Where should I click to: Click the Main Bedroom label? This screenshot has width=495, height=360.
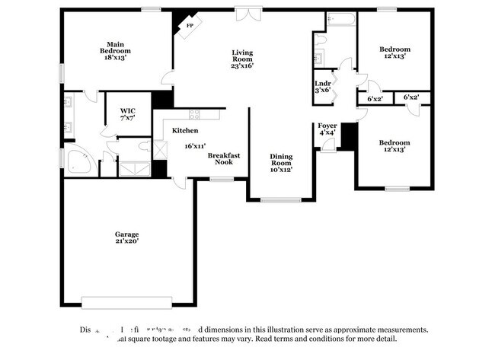[x=115, y=47]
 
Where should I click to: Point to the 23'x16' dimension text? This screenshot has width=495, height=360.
[x=242, y=65]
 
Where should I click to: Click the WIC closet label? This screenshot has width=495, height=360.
[x=127, y=111]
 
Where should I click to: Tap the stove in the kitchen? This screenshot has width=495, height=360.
[x=194, y=114]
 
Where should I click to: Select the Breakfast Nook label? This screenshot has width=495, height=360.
[x=224, y=158]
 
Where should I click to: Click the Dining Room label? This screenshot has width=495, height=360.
[x=281, y=160]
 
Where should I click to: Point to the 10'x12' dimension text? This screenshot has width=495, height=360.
[x=281, y=169]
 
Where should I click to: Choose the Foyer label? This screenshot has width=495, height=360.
[x=327, y=125]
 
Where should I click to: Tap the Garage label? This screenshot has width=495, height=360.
[x=127, y=234]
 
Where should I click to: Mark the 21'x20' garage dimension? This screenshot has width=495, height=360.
[x=127, y=241]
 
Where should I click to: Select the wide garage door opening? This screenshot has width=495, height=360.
[x=126, y=301]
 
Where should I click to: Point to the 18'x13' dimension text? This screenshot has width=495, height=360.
[x=115, y=57]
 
